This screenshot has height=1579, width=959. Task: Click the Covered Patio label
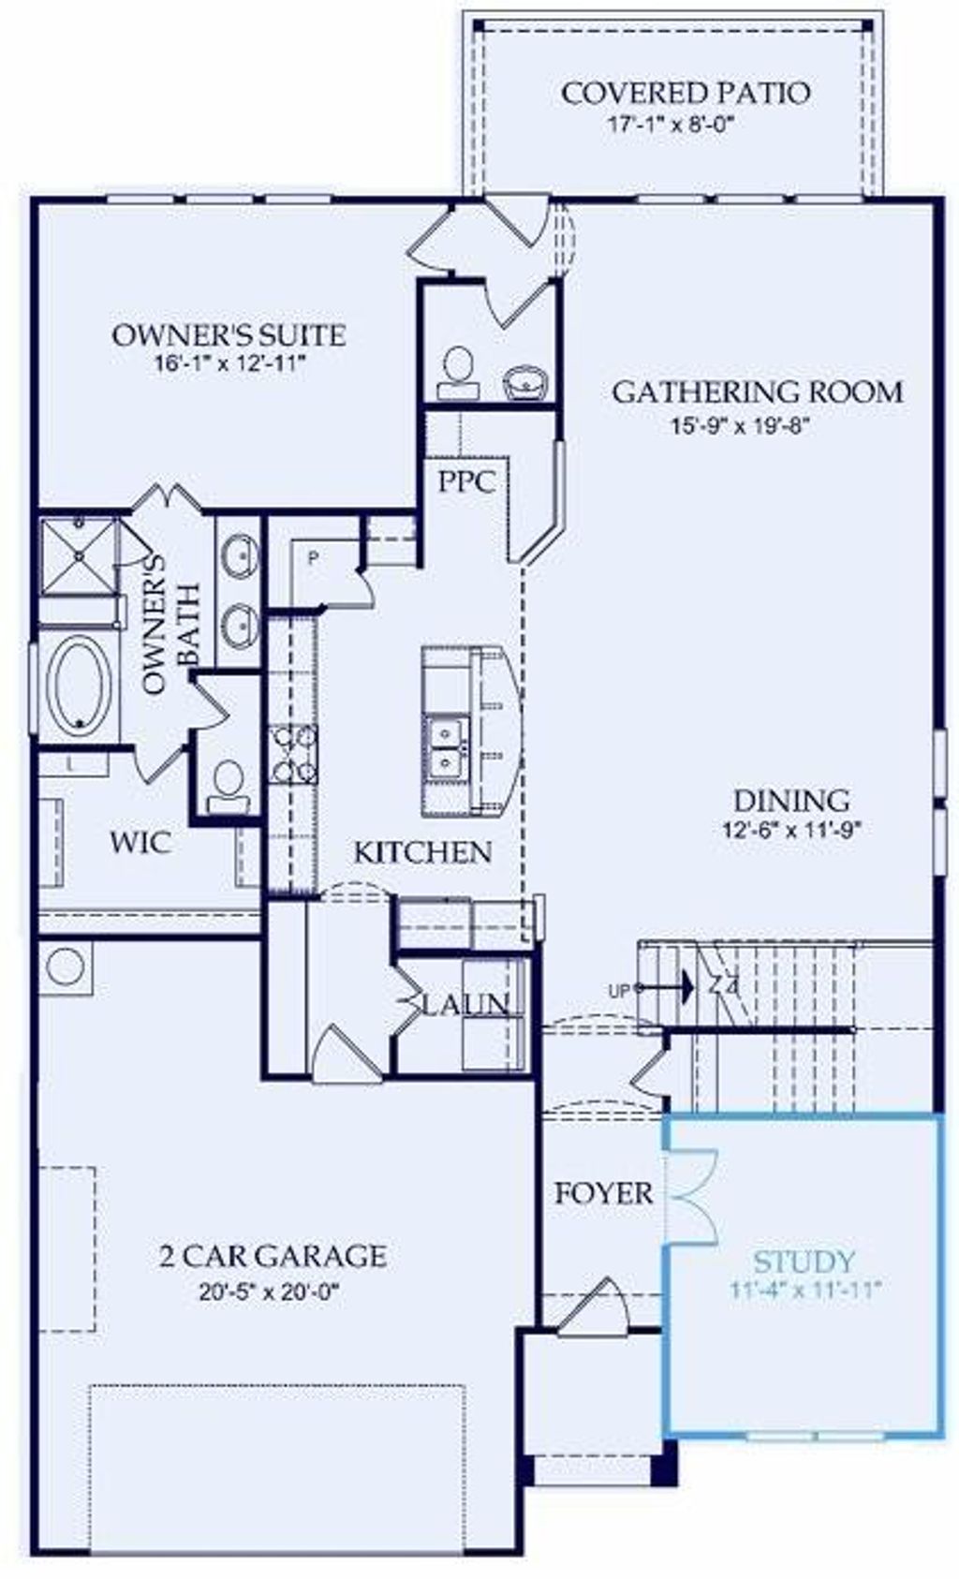point(685,93)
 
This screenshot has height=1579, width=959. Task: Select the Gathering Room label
point(758,391)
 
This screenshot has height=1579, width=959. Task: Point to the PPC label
point(466,481)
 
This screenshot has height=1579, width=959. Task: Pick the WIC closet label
point(140,841)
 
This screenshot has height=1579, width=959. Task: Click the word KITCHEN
point(421,852)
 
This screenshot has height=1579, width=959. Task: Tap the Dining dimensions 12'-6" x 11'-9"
point(791,829)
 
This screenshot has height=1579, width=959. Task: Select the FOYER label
point(603,1193)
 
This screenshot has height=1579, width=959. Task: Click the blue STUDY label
point(804,1262)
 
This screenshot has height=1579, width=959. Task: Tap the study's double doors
point(691,1198)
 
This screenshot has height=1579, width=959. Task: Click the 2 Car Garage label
point(272,1255)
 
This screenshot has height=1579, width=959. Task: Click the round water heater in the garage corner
point(65,967)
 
